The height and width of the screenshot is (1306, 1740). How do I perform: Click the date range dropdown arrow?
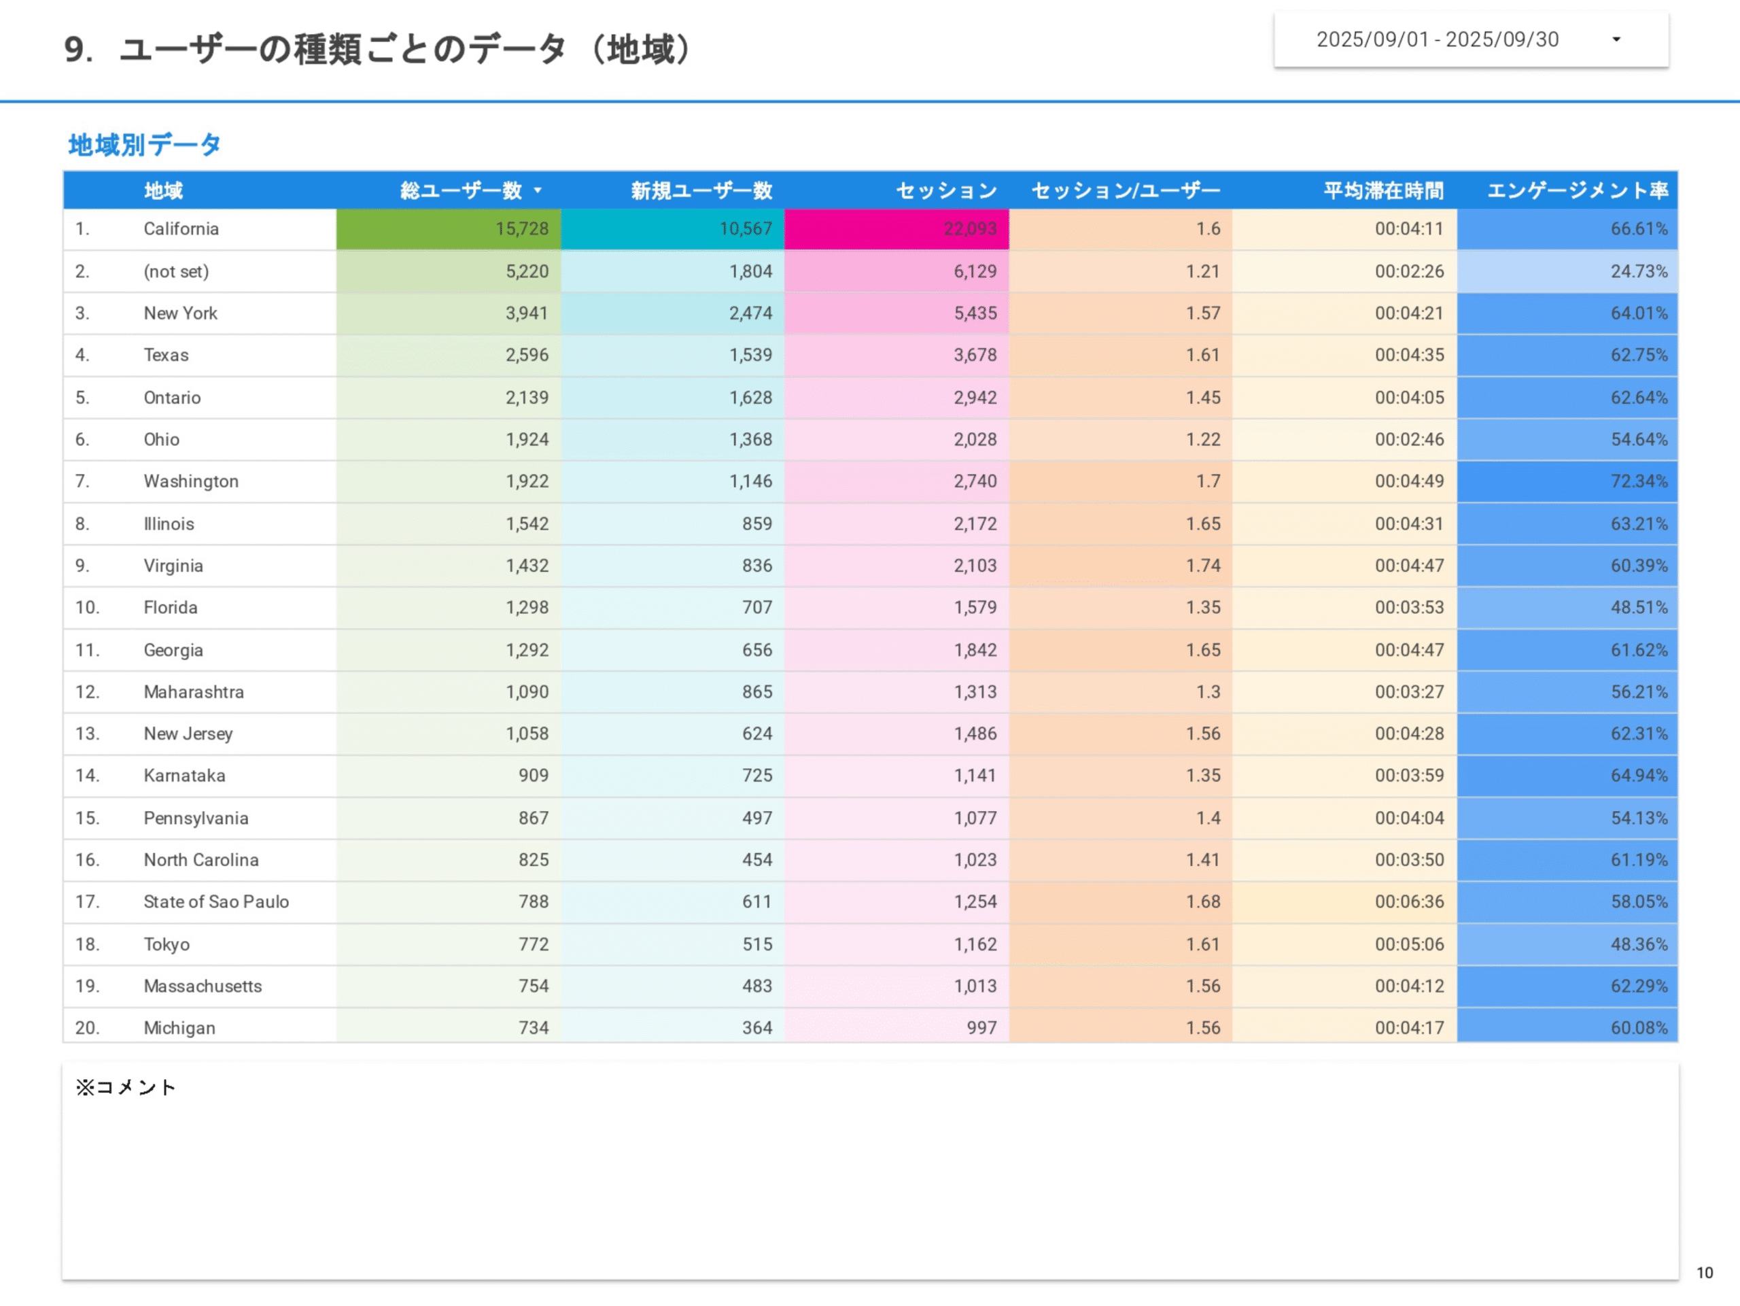[x=1616, y=39]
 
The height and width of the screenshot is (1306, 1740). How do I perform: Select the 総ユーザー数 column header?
[x=461, y=190]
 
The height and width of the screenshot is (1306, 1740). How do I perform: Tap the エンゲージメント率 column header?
[x=1577, y=190]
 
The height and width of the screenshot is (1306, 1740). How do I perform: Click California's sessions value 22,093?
[x=970, y=229]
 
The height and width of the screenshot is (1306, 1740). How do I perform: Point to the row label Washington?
[x=190, y=481]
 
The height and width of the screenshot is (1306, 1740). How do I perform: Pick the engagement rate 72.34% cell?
[x=1639, y=481]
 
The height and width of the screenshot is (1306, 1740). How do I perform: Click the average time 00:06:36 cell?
[x=1409, y=901]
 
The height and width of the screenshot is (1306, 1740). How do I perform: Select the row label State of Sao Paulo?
[x=215, y=901]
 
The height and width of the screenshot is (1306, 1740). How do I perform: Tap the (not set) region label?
[x=176, y=271]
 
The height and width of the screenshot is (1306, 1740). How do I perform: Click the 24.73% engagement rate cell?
[x=1639, y=271]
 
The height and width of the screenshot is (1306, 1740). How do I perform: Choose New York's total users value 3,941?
[x=526, y=313]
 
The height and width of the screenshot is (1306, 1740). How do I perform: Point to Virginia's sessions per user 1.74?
[x=1203, y=566]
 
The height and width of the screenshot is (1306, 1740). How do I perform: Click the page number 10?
[x=1704, y=1272]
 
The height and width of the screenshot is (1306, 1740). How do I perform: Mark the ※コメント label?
[x=126, y=1087]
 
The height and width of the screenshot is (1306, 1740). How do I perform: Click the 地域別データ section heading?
[x=145, y=145]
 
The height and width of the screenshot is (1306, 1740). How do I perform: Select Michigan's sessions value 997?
[x=981, y=1027]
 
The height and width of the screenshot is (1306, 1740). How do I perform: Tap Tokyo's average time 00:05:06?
[x=1409, y=944]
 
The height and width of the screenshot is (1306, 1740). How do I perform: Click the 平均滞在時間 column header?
[x=1383, y=190]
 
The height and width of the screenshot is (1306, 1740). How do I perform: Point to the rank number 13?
[x=86, y=734]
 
